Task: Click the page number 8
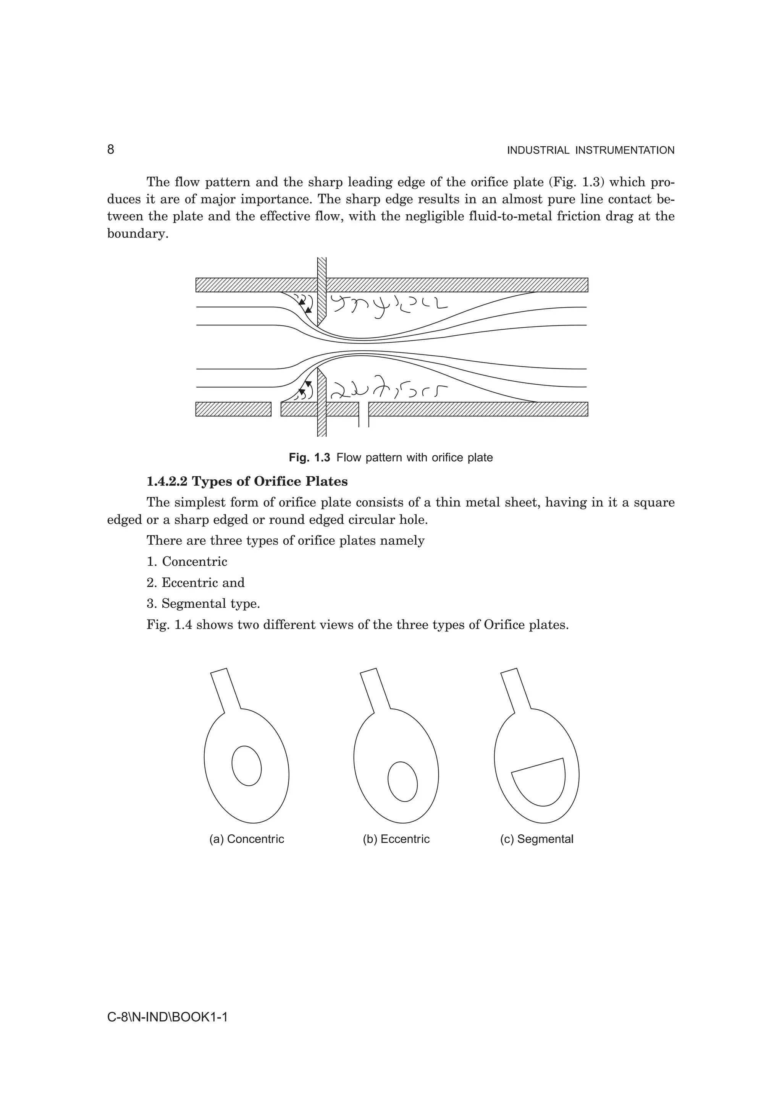[x=110, y=150]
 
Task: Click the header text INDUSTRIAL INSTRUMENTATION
[x=590, y=151]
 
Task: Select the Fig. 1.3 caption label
[x=309, y=458]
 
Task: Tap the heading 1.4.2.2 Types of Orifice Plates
[x=247, y=481]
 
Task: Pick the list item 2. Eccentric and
[x=195, y=583]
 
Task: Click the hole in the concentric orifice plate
[x=246, y=766]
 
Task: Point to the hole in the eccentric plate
[x=402, y=782]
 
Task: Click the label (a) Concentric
[x=246, y=839]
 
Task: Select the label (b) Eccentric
[x=396, y=839]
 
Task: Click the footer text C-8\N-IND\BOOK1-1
[x=167, y=1017]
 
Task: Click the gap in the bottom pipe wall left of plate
[x=276, y=409]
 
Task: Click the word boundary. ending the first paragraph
[x=138, y=234]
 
